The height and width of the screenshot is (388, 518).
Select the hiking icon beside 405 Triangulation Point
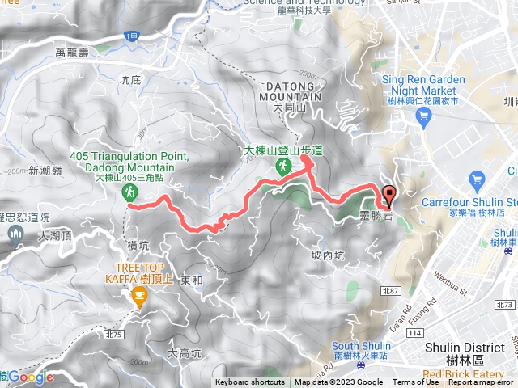tap(129, 192)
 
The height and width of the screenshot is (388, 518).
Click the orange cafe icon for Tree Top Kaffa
tap(139, 300)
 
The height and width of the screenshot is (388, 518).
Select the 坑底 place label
tap(129, 80)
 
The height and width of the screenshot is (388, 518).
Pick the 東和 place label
tap(192, 280)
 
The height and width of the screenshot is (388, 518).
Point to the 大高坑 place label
tap(183, 353)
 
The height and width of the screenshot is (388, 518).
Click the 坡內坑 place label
tap(329, 255)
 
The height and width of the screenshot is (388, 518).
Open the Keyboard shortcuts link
tap(250, 382)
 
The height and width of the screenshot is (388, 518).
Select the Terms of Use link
tap(415, 382)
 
